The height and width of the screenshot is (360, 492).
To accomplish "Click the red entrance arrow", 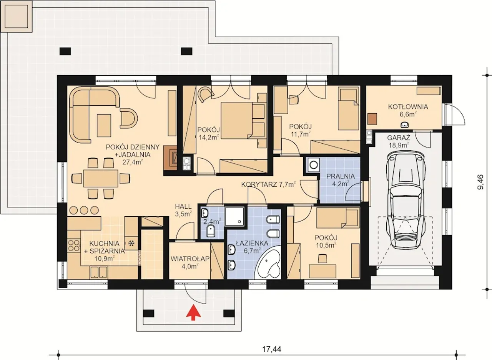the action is pyautogui.click(x=193, y=312).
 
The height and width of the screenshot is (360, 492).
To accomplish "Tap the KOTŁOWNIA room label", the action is pyautogui.click(x=408, y=107).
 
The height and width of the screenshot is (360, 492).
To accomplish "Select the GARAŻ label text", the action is pyautogui.click(x=399, y=138).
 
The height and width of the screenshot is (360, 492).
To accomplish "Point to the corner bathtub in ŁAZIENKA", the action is pyautogui.click(x=269, y=262).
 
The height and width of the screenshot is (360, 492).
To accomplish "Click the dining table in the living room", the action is pyautogui.click(x=101, y=178).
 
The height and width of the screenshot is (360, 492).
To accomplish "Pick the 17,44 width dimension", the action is pyautogui.click(x=272, y=349).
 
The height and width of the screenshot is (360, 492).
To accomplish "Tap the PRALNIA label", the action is pyautogui.click(x=341, y=176).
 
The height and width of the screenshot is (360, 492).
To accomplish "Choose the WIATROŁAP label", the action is pyautogui.click(x=190, y=259).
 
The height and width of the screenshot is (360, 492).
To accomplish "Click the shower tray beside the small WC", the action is pyautogui.click(x=235, y=216).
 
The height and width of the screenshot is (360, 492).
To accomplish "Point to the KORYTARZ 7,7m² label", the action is pyautogui.click(x=268, y=184).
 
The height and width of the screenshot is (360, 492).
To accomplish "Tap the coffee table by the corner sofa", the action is pyautogui.click(x=104, y=125).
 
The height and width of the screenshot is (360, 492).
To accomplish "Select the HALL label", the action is pyautogui.click(x=183, y=207).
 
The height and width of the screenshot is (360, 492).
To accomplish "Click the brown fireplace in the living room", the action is pyautogui.click(x=170, y=158).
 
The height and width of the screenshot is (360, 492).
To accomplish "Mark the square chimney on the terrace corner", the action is pyautogui.click(x=16, y=16).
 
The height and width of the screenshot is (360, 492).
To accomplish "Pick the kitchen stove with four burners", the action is pyautogui.click(x=74, y=246).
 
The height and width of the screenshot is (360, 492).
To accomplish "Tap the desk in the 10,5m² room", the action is pyautogui.click(x=322, y=271).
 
